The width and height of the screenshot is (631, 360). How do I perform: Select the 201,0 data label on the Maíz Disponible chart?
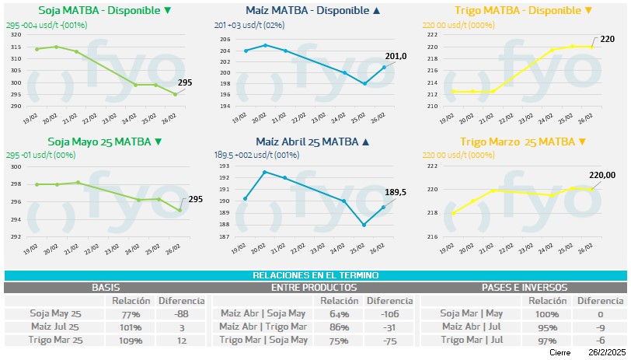point(396,56)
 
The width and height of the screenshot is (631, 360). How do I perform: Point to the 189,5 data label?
point(396,190)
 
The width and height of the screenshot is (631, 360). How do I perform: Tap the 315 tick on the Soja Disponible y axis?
point(16,47)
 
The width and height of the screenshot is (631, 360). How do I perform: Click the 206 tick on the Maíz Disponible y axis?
point(225,40)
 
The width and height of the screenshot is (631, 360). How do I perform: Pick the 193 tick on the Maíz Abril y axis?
point(225,166)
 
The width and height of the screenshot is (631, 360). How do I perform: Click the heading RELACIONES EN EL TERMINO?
point(315,275)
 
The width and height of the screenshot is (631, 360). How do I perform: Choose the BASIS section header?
point(106,288)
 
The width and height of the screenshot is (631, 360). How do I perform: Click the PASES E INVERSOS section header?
point(524,288)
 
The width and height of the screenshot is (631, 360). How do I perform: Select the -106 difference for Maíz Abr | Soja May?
point(389,314)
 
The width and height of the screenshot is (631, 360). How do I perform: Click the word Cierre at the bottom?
point(560,353)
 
